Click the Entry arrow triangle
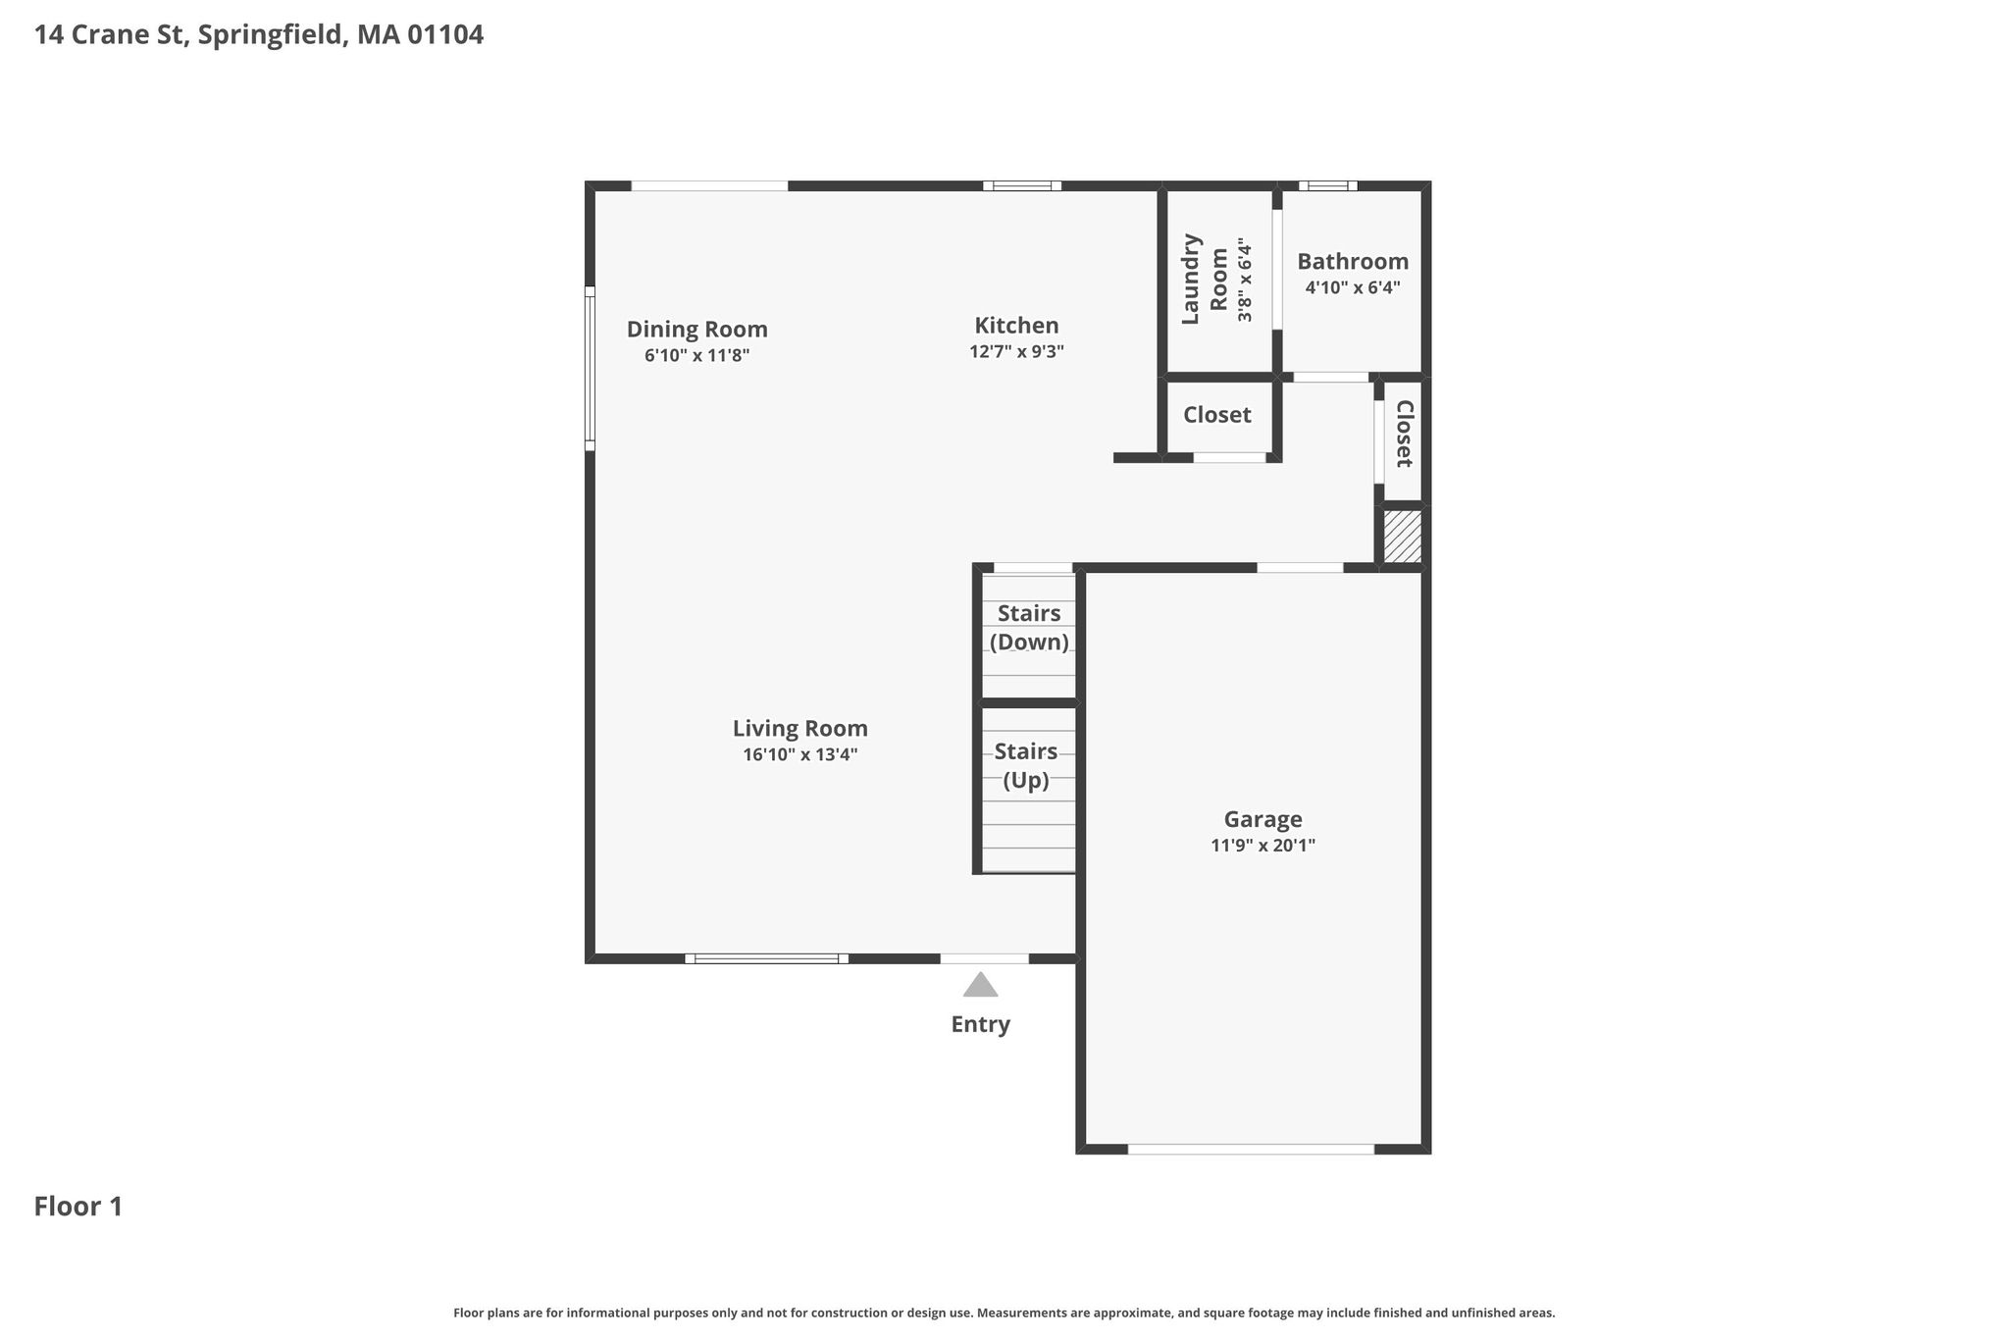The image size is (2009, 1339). point(980,985)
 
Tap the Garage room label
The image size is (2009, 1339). point(1262,819)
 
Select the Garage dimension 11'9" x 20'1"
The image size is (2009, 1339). point(1262,846)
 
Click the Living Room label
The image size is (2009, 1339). point(800,729)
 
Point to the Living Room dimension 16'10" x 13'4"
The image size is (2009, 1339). point(800,755)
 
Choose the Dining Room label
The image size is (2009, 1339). point(697,330)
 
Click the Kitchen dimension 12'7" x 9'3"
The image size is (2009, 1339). point(1017,351)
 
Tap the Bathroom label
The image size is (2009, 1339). point(1353,262)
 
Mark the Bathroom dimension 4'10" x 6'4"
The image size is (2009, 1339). point(1353,287)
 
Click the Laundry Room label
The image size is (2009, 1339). point(1205,279)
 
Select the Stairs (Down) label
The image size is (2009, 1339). point(1029,628)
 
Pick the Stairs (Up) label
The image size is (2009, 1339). point(1026,766)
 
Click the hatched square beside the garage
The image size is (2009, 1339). point(1402,537)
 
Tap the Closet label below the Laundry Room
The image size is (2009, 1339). point(1217,415)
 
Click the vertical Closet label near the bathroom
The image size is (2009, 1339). point(1404,434)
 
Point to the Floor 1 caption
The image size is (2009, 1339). point(78,1207)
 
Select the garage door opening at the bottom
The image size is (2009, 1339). point(1251,1150)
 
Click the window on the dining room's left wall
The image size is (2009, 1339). point(591,369)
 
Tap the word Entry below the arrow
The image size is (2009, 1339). point(981,1025)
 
